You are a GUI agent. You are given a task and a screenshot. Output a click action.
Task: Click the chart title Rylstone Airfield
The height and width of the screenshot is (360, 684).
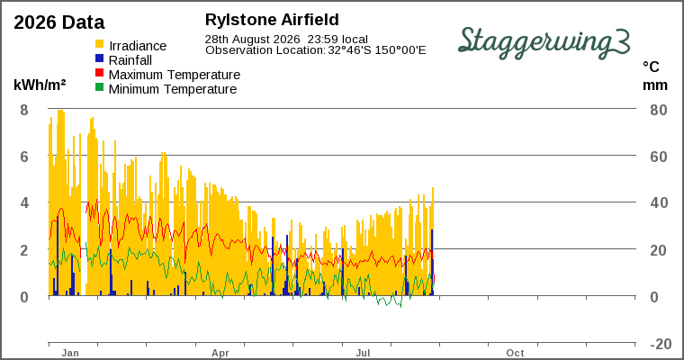pyautogui.click(x=272, y=20)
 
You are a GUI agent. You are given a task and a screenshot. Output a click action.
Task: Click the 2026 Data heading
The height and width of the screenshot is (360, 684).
pyautogui.click(x=59, y=22)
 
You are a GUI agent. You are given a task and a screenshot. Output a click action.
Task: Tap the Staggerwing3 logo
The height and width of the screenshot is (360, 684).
pyautogui.click(x=544, y=42)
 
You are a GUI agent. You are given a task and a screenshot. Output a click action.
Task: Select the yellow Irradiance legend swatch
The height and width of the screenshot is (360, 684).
pyautogui.click(x=100, y=44)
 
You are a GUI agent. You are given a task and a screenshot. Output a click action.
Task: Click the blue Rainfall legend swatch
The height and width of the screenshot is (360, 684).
pyautogui.click(x=100, y=58)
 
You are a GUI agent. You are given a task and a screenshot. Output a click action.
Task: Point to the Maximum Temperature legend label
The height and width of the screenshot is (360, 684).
pyautogui.click(x=175, y=75)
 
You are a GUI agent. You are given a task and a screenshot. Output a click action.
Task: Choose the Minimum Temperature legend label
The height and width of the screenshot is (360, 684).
pyautogui.click(x=173, y=89)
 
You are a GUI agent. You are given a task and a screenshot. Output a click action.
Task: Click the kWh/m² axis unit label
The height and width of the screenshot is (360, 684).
pyautogui.click(x=40, y=85)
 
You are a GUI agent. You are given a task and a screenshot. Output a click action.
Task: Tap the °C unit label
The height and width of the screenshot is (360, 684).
pyautogui.click(x=651, y=67)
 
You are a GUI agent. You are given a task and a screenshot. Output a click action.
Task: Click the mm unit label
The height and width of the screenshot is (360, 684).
pyautogui.click(x=655, y=85)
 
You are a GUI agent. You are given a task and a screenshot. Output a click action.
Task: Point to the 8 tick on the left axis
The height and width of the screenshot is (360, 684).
pyautogui.click(x=24, y=110)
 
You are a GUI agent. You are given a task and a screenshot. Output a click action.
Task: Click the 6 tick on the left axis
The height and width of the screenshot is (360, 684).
pyautogui.click(x=24, y=157)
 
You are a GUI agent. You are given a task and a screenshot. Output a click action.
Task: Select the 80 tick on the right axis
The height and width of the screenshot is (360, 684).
pyautogui.click(x=659, y=110)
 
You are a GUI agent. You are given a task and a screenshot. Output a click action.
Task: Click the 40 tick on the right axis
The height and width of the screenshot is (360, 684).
pyautogui.click(x=659, y=202)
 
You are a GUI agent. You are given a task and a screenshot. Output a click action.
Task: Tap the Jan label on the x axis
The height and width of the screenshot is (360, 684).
pyautogui.click(x=70, y=353)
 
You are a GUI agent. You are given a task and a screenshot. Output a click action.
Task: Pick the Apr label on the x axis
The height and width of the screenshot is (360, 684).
pyautogui.click(x=220, y=353)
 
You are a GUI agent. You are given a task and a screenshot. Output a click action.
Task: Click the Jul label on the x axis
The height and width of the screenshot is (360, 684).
pyautogui.click(x=363, y=353)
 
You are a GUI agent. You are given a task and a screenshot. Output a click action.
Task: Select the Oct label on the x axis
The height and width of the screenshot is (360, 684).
pyautogui.click(x=515, y=353)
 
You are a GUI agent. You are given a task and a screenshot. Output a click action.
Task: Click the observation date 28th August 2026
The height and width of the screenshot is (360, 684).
pyautogui.click(x=253, y=40)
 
